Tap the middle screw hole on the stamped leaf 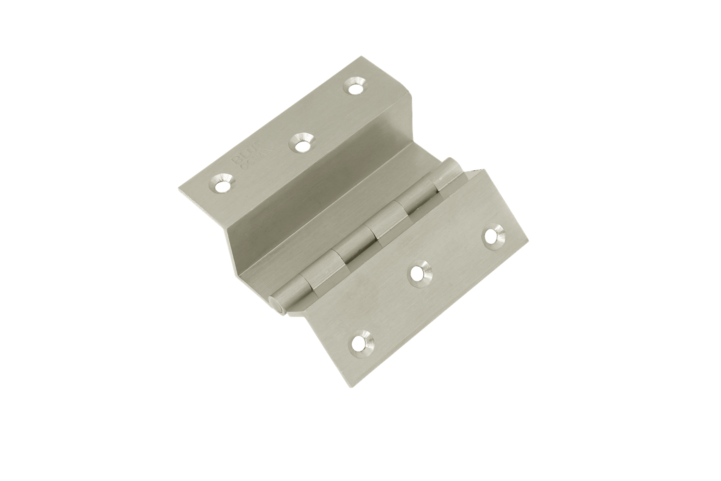point(301,142)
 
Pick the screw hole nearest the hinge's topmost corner point(355,88)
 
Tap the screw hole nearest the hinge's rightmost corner point(493,236)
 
